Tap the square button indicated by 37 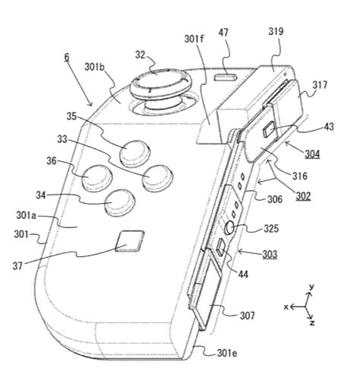(x=127, y=242)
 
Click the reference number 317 (x=318, y=86)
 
